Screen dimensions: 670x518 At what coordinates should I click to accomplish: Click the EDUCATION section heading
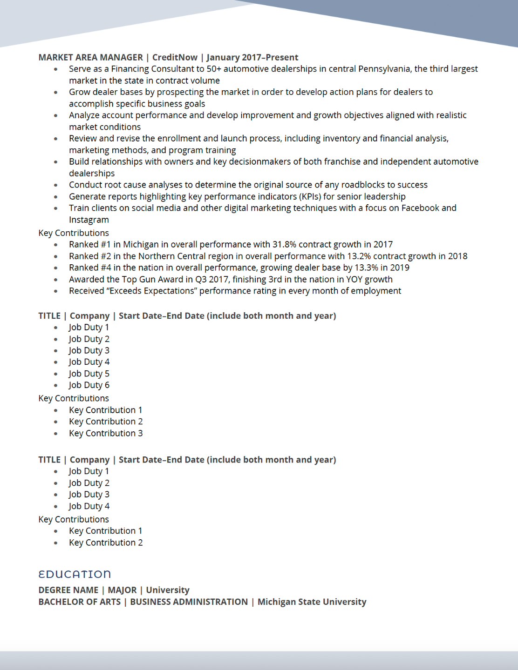click(x=75, y=574)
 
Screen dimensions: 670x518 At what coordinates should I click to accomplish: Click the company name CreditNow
click(x=175, y=57)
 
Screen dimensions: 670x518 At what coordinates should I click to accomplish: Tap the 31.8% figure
click(x=284, y=244)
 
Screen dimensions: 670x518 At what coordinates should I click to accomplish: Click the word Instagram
click(x=89, y=220)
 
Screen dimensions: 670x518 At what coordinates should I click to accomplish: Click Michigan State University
click(x=312, y=602)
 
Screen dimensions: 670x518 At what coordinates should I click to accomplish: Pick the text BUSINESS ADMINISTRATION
click(x=189, y=602)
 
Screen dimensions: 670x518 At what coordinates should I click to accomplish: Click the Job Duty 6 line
click(x=89, y=385)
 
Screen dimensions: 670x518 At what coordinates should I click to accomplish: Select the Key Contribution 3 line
click(x=106, y=433)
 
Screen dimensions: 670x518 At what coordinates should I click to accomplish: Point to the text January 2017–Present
click(x=252, y=57)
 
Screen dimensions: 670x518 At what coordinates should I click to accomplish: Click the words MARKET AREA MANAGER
click(x=90, y=57)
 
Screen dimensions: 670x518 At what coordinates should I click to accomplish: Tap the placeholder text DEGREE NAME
click(x=68, y=590)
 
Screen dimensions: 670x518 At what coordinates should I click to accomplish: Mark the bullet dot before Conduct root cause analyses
click(x=56, y=185)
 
